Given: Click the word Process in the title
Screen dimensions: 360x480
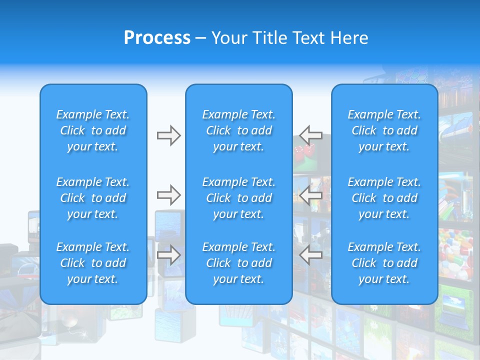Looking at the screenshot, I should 157,38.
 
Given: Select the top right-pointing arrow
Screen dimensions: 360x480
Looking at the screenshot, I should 168,135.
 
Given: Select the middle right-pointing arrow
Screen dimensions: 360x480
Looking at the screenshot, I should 168,194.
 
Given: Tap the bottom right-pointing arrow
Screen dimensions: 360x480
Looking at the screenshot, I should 168,255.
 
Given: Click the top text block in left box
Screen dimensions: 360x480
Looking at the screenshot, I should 93,130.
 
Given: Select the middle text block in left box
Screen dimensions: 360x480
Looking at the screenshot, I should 93,198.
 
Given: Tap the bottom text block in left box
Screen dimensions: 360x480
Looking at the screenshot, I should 93,263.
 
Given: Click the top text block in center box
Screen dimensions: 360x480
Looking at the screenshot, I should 239,130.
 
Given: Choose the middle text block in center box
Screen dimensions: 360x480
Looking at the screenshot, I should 239,198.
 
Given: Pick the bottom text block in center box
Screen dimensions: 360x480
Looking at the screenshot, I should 239,263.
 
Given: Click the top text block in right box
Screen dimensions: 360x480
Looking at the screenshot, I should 384,130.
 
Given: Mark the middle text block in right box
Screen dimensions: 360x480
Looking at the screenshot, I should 384,198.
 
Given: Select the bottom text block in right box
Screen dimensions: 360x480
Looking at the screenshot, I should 384,263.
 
